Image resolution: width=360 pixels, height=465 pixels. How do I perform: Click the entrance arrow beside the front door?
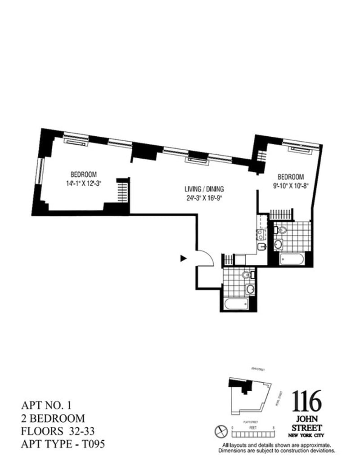[183, 258]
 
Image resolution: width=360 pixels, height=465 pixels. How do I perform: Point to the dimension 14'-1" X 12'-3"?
[84, 183]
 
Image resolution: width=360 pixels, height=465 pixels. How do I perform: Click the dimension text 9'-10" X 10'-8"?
[290, 185]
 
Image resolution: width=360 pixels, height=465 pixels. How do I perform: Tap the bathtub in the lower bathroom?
[236, 304]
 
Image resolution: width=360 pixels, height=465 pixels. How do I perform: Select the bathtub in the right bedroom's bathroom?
[292, 259]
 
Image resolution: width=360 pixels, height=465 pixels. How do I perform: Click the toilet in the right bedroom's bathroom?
[281, 230]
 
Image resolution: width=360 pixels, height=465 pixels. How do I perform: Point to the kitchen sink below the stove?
[261, 246]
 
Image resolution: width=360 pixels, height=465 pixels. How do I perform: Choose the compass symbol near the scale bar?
[221, 430]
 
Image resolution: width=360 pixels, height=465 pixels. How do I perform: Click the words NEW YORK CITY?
[307, 436]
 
